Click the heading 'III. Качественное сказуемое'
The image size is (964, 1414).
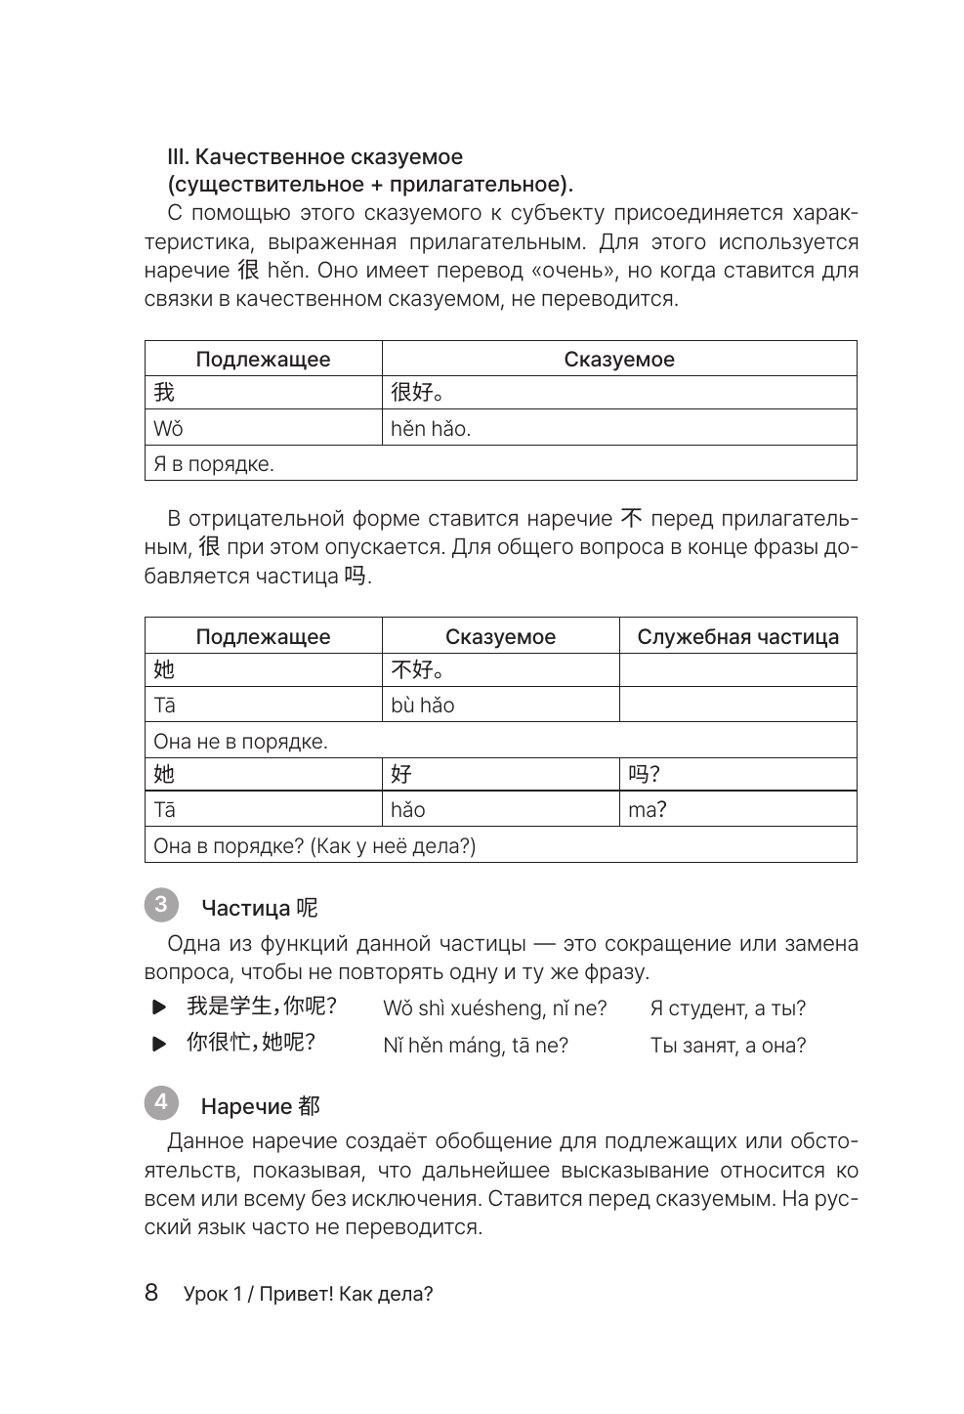pos(315,156)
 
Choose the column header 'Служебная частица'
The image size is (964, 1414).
pos(737,637)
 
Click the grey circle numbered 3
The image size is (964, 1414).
pos(160,904)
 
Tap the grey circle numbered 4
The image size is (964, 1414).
pos(160,1103)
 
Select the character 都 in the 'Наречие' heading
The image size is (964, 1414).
pos(310,1106)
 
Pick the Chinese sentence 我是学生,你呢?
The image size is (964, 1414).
pos(262,1007)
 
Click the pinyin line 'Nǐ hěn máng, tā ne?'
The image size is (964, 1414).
pos(476,1046)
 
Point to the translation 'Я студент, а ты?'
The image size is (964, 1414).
pos(728,1008)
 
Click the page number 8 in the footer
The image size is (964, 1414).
pos(151,1293)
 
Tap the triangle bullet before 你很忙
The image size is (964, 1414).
pos(159,1045)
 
